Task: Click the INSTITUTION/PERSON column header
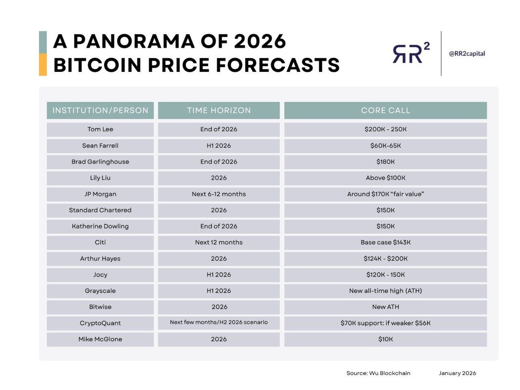pos(100,110)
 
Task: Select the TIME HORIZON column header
pos(219,110)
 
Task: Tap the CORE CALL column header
pos(385,110)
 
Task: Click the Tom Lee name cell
pos(100,130)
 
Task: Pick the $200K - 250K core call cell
pos(385,130)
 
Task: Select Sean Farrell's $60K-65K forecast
pos(385,146)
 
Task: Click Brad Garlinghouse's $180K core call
pos(385,162)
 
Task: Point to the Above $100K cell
pos(385,178)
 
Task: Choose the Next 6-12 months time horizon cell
pos(219,194)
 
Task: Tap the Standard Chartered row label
pos(100,210)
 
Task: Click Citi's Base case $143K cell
pos(385,242)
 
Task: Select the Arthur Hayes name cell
pos(100,259)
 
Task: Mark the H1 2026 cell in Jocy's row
pos(219,275)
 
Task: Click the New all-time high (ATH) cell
pos(385,291)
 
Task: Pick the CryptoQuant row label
pos(100,323)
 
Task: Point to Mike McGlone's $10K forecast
pos(385,339)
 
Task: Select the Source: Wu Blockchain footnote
pos(378,373)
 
